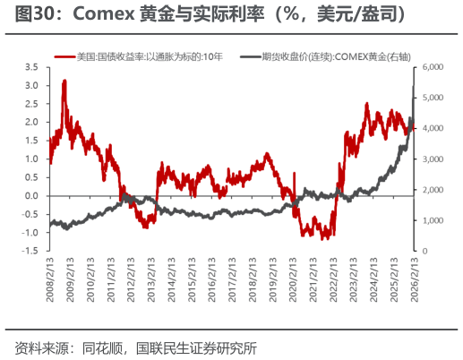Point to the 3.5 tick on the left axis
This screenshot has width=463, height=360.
point(31,67)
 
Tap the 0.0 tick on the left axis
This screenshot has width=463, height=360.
point(31,196)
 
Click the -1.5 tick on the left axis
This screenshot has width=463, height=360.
point(30,251)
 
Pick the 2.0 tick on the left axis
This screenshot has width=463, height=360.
point(31,123)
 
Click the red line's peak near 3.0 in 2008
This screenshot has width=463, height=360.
point(64,81)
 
